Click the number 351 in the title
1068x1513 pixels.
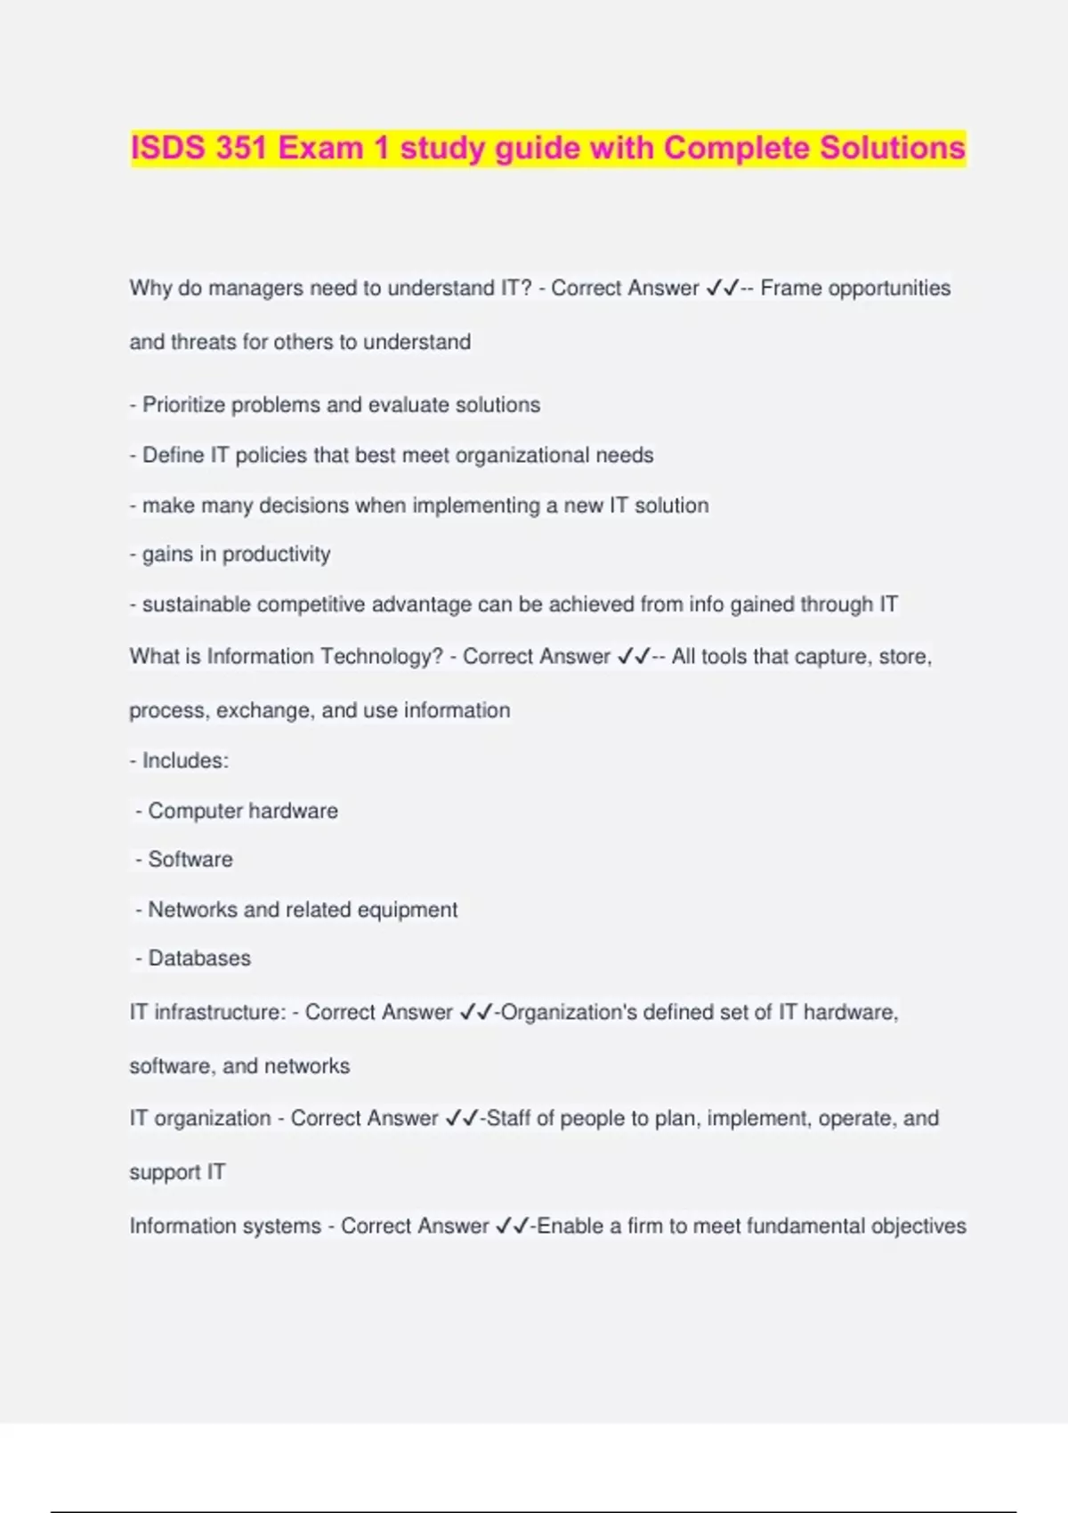click(x=240, y=148)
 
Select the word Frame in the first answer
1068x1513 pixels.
click(x=790, y=288)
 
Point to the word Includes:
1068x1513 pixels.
click(x=185, y=761)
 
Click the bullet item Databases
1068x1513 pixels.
click(x=199, y=959)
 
